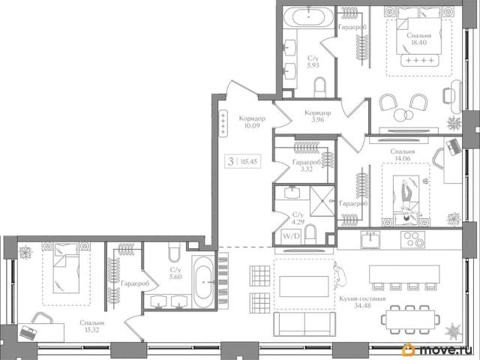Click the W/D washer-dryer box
(291, 236)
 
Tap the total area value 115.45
(248, 161)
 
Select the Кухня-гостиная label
(362, 298)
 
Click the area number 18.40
(418, 43)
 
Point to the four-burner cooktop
(412, 239)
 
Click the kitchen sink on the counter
(370, 239)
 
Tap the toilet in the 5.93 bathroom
(320, 87)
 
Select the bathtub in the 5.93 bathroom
(308, 17)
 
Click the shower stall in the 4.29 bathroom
(322, 201)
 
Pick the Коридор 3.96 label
(318, 116)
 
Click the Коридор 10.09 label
(252, 121)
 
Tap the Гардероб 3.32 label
(307, 166)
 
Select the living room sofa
(304, 325)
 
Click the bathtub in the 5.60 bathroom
(203, 282)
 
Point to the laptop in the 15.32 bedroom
(28, 333)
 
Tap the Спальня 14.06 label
(403, 155)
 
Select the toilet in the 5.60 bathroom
(174, 252)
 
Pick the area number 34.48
(362, 305)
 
